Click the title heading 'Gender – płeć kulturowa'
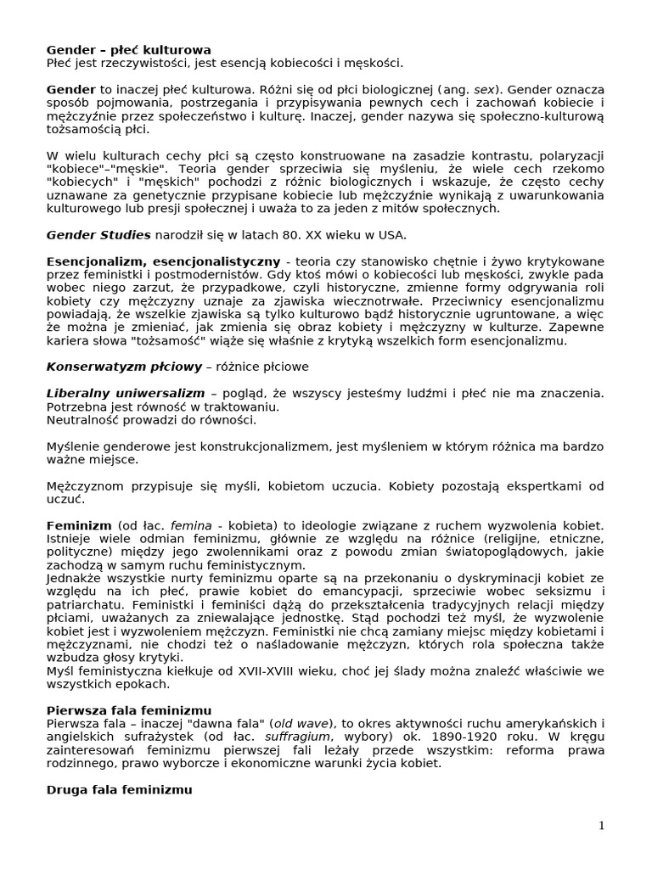coord(128,50)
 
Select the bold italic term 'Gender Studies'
coord(98,234)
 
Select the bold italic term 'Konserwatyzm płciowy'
coord(123,367)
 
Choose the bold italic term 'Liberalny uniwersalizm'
coord(126,393)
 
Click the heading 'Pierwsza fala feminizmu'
coord(128,709)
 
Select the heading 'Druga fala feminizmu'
coord(119,789)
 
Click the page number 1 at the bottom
coord(600,826)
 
